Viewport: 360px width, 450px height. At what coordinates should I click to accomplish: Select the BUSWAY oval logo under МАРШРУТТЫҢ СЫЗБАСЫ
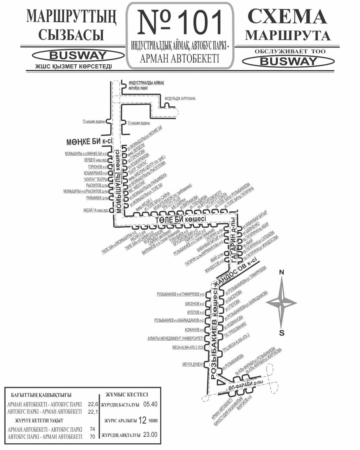78,56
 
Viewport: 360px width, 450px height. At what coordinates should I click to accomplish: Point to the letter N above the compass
281,272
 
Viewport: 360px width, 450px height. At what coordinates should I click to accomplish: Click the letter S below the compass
281,333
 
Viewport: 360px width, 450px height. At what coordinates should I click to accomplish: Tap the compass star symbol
282,302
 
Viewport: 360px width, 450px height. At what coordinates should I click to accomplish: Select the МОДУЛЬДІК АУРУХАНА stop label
180,98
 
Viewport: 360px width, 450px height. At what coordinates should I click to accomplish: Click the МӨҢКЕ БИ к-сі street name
89,142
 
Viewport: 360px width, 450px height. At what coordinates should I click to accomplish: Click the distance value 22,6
93,404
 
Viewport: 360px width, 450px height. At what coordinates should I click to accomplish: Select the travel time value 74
92,429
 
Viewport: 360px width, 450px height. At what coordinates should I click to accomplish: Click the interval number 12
142,420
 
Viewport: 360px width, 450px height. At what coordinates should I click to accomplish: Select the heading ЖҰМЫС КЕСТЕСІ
127,395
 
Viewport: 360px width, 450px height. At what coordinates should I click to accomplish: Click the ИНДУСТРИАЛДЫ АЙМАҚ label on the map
146,83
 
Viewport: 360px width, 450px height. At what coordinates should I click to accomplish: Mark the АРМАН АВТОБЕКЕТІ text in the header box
179,58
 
